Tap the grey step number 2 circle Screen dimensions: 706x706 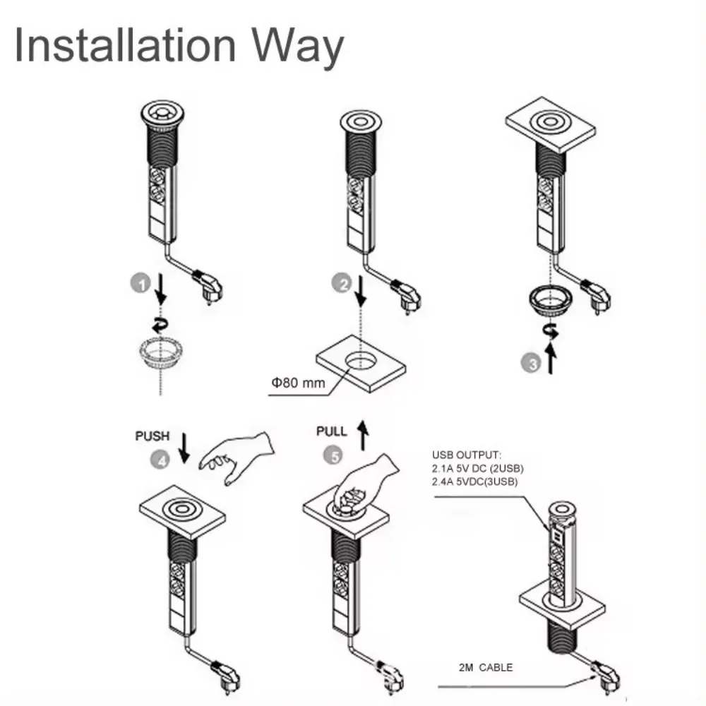pyautogui.click(x=342, y=285)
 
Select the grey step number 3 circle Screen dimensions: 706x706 pyautogui.click(x=532, y=364)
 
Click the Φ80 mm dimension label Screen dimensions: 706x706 pyautogui.click(x=295, y=383)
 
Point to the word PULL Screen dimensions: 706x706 pyautogui.click(x=332, y=431)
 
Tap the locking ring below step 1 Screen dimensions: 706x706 pyautogui.click(x=162, y=350)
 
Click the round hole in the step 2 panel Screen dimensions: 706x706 pyautogui.click(x=361, y=360)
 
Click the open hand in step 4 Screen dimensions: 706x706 pyautogui.click(x=237, y=456)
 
